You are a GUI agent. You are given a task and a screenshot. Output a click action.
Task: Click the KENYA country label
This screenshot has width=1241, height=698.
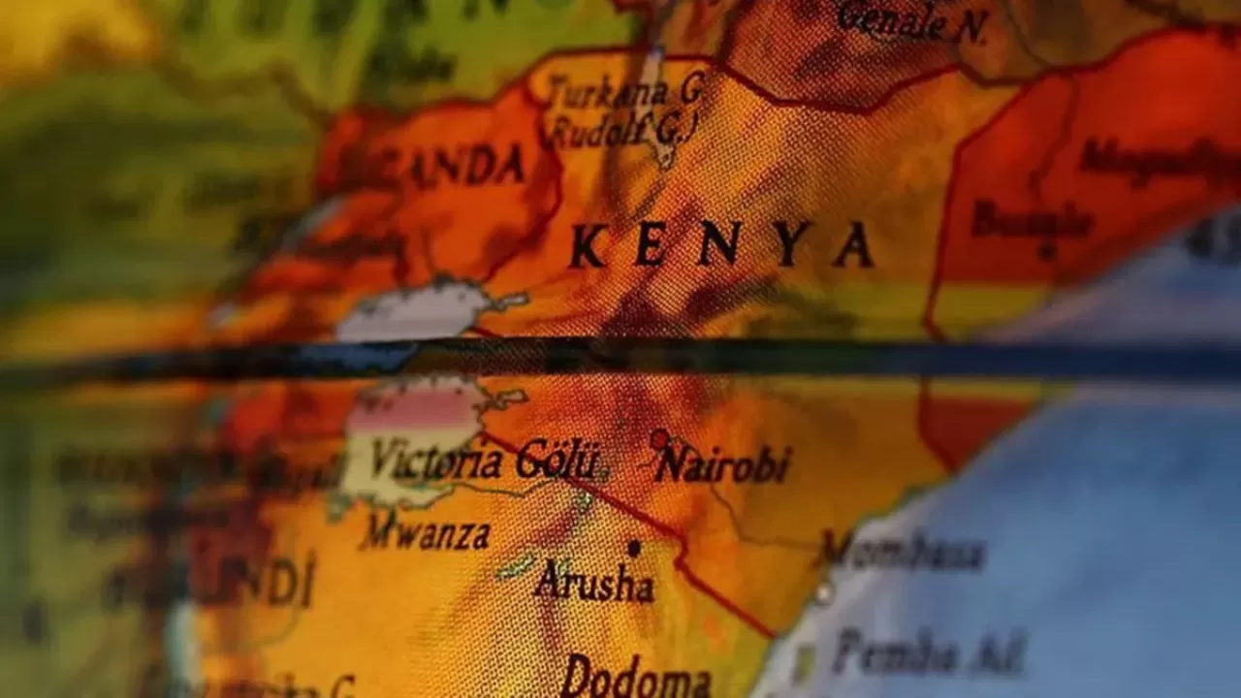(x=721, y=244)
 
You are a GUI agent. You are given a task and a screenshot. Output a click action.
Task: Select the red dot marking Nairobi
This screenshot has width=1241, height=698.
(x=660, y=440)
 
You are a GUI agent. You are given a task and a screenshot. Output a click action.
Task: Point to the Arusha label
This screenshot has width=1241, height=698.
(x=594, y=583)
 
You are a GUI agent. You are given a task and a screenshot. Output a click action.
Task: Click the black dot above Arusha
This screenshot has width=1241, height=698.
(x=633, y=548)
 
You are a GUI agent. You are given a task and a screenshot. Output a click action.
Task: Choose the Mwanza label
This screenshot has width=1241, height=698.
(x=426, y=534)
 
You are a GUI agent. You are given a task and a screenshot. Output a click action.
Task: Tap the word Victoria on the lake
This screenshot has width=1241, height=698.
(x=435, y=460)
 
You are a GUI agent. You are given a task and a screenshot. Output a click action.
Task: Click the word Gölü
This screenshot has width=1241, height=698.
(x=557, y=460)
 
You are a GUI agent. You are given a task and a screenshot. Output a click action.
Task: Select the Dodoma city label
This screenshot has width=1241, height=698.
(x=636, y=676)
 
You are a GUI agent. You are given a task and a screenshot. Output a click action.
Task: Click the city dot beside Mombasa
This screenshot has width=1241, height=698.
(x=823, y=590)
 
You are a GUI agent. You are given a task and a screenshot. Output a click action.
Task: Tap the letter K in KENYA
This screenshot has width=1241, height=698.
(x=588, y=246)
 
